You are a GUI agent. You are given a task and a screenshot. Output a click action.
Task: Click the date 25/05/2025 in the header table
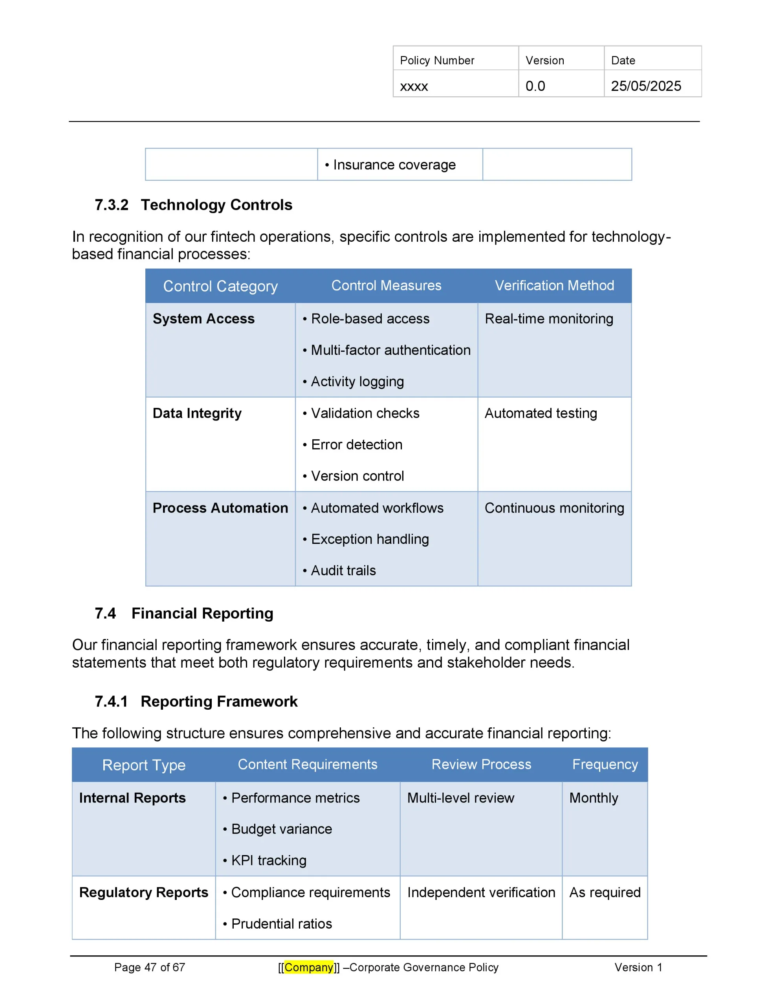(x=645, y=86)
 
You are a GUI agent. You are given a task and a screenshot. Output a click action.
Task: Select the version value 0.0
(x=535, y=86)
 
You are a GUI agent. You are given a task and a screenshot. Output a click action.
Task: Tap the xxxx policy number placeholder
(x=414, y=86)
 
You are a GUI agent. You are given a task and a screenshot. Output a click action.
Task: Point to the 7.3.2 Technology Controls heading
(x=193, y=205)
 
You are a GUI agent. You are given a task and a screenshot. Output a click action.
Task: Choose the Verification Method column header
(x=554, y=286)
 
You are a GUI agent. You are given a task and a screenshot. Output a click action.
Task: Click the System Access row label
(x=203, y=319)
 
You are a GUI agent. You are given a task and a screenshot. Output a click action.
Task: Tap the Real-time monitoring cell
(x=548, y=319)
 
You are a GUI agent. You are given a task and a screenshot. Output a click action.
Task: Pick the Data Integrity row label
(x=197, y=413)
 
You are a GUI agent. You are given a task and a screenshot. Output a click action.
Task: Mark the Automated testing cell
(x=541, y=413)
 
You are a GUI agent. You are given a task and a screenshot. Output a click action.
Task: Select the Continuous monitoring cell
(x=554, y=508)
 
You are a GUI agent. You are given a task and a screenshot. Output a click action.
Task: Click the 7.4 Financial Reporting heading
(x=184, y=613)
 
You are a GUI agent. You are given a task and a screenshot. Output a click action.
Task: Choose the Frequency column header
(x=605, y=765)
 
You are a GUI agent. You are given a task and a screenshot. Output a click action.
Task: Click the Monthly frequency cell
(x=594, y=798)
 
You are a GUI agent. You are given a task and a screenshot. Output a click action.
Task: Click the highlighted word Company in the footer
(x=309, y=967)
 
